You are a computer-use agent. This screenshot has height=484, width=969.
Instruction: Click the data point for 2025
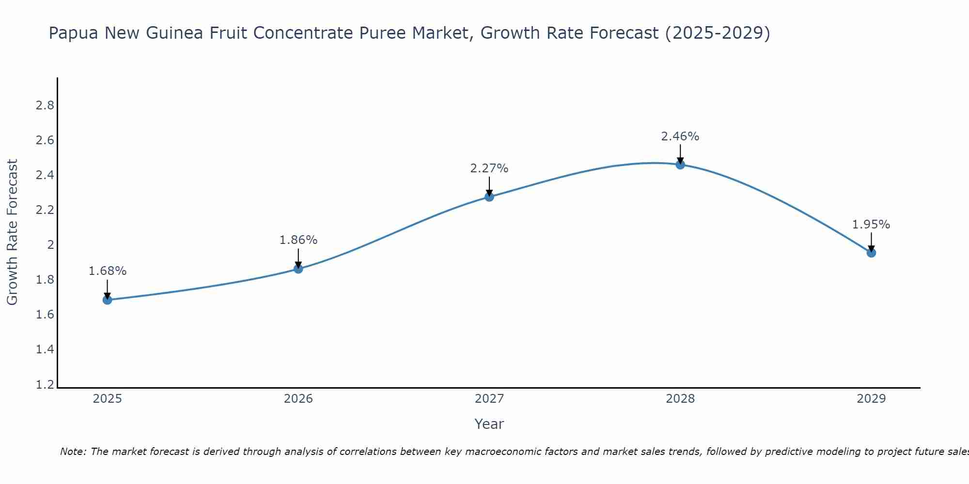coord(108,300)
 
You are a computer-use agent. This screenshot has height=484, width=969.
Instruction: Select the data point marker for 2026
coord(298,269)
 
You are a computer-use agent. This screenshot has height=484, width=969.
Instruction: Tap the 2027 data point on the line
coord(489,197)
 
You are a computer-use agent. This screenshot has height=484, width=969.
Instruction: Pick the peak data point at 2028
coord(680,165)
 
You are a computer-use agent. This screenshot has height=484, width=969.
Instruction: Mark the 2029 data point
coord(871,253)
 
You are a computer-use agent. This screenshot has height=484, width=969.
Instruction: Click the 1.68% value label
coord(108,271)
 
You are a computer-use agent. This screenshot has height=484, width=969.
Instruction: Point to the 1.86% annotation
coord(298,240)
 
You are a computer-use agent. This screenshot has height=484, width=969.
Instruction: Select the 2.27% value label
coord(489,168)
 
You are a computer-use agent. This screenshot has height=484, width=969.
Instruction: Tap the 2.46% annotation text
coord(680,136)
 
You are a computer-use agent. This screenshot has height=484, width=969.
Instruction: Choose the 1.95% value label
coord(871,225)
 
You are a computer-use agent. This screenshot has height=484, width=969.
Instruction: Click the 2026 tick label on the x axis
coord(298,399)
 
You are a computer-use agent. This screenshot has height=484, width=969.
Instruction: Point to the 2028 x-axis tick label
coord(680,399)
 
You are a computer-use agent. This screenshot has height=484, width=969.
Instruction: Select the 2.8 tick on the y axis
coord(45,106)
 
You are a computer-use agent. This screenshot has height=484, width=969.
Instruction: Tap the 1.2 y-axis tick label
coord(45,385)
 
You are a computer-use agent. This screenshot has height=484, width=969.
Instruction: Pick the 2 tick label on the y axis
coord(50,245)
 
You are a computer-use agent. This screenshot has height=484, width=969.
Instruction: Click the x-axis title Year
coord(489,424)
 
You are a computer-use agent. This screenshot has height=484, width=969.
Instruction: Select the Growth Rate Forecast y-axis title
coord(13,232)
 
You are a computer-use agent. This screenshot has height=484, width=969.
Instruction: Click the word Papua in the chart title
coord(74,33)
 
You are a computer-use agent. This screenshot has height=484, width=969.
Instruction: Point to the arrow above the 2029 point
coord(871,241)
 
